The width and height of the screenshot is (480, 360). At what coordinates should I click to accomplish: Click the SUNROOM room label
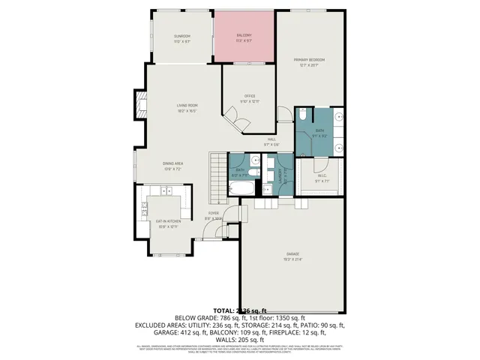tap(182, 37)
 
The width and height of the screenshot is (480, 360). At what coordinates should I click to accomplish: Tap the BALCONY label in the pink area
tap(244, 36)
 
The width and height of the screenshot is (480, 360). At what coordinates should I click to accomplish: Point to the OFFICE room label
tap(250, 96)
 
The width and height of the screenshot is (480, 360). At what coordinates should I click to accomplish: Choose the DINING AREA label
tap(173, 163)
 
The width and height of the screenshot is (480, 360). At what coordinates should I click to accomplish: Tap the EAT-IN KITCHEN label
tap(169, 222)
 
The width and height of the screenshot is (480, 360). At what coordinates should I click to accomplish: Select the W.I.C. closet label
tap(321, 178)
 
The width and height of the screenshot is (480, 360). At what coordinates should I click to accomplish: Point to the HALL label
tap(271, 139)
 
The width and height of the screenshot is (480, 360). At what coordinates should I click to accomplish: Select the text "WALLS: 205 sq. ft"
tap(239, 339)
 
